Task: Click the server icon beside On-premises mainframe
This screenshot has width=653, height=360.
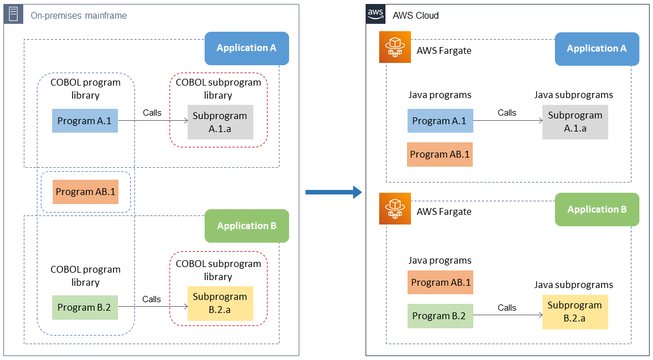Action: [13, 14]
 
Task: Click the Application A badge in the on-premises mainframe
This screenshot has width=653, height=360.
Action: [247, 48]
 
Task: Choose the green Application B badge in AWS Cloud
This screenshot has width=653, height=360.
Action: [597, 210]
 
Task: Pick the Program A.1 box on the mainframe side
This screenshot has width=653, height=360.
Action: [85, 121]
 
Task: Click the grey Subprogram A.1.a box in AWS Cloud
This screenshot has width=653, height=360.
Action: [575, 122]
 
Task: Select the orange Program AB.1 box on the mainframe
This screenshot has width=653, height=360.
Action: [85, 192]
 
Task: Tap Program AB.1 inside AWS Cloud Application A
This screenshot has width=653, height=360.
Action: [440, 155]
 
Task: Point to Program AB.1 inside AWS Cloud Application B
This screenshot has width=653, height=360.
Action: [440, 282]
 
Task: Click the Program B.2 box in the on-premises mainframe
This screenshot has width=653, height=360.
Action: [84, 308]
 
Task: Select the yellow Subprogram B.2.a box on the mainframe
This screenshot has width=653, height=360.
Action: [220, 303]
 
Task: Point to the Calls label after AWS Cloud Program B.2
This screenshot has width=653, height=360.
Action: [507, 308]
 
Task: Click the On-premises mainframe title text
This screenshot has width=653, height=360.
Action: [78, 15]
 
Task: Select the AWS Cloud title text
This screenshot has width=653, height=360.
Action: [415, 15]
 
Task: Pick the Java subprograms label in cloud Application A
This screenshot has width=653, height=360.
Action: [574, 95]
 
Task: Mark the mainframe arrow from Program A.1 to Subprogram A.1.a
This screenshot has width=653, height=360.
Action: [153, 121]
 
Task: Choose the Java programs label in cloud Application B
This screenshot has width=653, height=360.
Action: [440, 261]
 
